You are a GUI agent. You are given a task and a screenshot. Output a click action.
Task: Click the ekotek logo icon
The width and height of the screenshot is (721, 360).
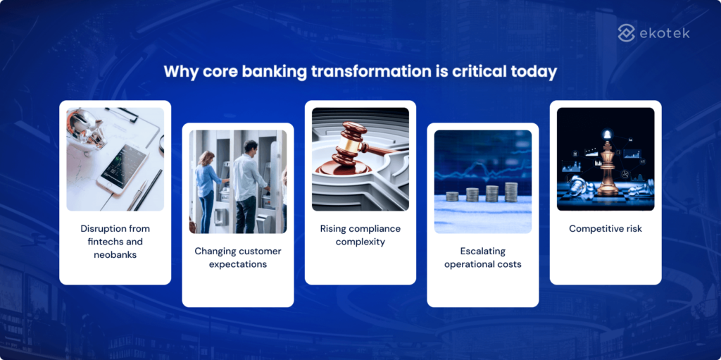pyautogui.click(x=627, y=32)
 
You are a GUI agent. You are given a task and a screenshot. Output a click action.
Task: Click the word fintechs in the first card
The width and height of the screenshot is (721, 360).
pyautogui.click(x=97, y=242)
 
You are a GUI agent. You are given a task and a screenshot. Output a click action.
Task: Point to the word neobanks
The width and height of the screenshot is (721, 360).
pyautogui.click(x=115, y=254)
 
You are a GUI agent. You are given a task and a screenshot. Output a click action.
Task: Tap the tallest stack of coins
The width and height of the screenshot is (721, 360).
pyautogui.click(x=511, y=191)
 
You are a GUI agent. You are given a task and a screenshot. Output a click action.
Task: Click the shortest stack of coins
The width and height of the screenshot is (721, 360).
pyautogui.click(x=453, y=196)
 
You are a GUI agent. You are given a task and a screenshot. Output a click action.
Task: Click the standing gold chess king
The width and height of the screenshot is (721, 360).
pyautogui.click(x=608, y=166)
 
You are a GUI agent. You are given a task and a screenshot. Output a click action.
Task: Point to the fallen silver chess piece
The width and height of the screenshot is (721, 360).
pyautogui.click(x=577, y=186)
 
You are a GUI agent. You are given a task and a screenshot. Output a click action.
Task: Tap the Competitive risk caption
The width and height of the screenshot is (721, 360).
pyautogui.click(x=605, y=229)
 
